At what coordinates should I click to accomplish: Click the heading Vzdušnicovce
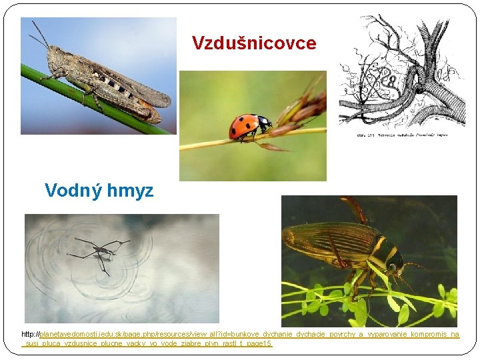point(254,43)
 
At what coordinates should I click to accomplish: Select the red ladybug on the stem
point(247,126)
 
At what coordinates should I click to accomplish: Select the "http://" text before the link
point(30,334)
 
